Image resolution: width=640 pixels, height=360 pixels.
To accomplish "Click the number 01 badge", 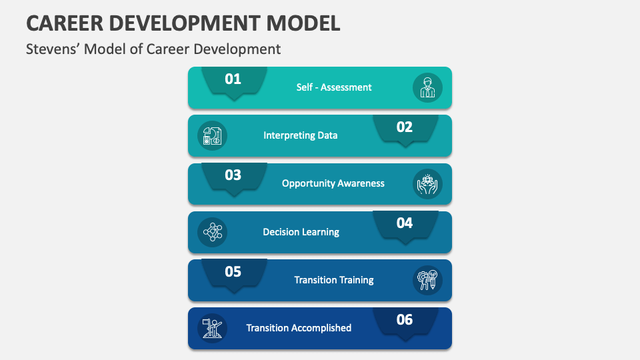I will click(233, 79).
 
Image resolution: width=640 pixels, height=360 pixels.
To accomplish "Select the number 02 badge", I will click(405, 127).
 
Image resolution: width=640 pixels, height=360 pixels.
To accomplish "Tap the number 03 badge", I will click(233, 175).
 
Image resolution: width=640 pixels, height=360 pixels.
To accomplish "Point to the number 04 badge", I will click(405, 223).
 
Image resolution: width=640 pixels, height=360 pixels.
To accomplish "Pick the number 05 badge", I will click(233, 272).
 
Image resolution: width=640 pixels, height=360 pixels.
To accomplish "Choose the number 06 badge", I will click(405, 320).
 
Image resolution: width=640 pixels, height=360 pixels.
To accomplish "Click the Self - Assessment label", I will click(334, 87).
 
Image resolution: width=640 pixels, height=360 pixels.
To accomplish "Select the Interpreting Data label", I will click(300, 135).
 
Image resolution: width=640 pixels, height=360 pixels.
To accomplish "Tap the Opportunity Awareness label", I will click(333, 183).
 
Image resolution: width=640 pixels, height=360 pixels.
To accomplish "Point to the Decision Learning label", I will click(301, 232).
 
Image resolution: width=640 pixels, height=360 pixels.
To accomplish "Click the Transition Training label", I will click(333, 280).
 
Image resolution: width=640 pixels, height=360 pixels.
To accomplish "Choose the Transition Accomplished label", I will click(299, 328).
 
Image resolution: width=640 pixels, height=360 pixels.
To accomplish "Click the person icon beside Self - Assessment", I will click(427, 87).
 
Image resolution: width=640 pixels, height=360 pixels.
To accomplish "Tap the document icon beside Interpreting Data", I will click(213, 136).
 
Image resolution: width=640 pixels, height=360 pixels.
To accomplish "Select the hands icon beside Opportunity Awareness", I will click(427, 184).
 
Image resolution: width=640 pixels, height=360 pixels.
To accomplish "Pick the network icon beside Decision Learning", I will click(213, 232).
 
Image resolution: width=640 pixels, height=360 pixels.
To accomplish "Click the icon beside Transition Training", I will click(427, 280).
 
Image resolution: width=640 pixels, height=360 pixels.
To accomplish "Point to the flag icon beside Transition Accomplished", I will click(213, 328).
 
